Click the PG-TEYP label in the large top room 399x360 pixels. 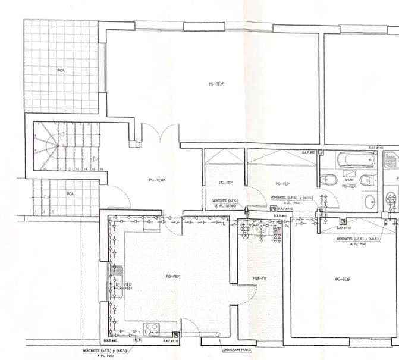tap(216, 84)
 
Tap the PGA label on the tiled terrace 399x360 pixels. tap(61, 70)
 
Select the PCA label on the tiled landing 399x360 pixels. tap(70, 194)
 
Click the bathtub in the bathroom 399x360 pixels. tap(356, 160)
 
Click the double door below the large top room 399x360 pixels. tap(160, 134)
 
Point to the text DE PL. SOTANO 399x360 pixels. tap(225, 206)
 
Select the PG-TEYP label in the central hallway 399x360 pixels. tap(156, 179)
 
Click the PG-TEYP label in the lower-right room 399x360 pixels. tap(343, 278)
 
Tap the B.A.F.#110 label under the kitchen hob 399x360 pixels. tap(171, 341)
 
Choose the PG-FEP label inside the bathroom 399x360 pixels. tap(348, 186)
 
